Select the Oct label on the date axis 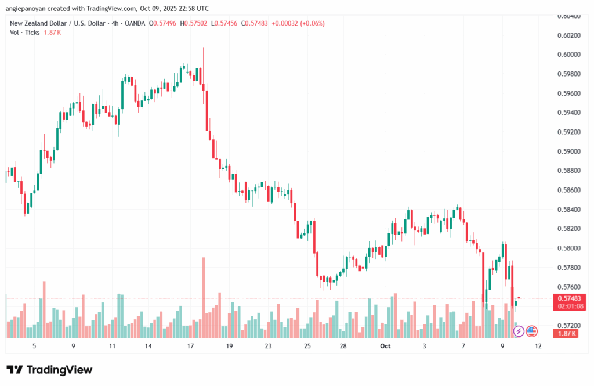pos(385,346)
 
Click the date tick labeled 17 pos(190,346)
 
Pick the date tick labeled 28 pos(343,346)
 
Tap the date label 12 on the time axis pos(538,346)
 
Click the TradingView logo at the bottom pos(49,370)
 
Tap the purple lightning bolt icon pos(519,331)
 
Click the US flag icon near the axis pos(531,331)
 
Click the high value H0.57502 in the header pos(194,23)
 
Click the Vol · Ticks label pos(24,32)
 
